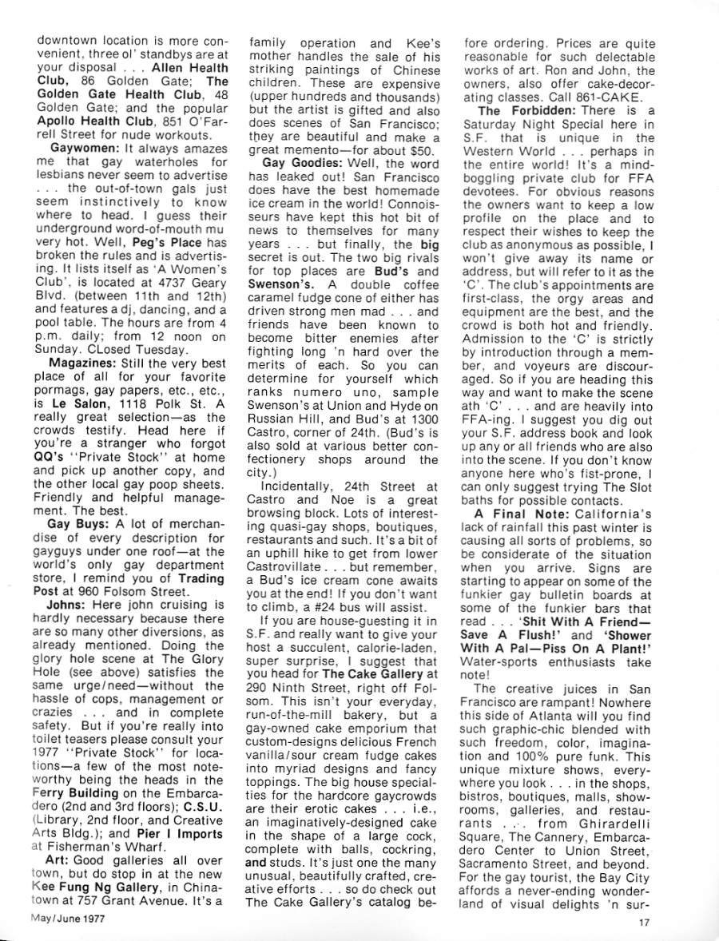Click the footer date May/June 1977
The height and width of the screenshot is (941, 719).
click(x=69, y=918)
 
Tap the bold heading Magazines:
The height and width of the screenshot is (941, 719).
click(x=85, y=364)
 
